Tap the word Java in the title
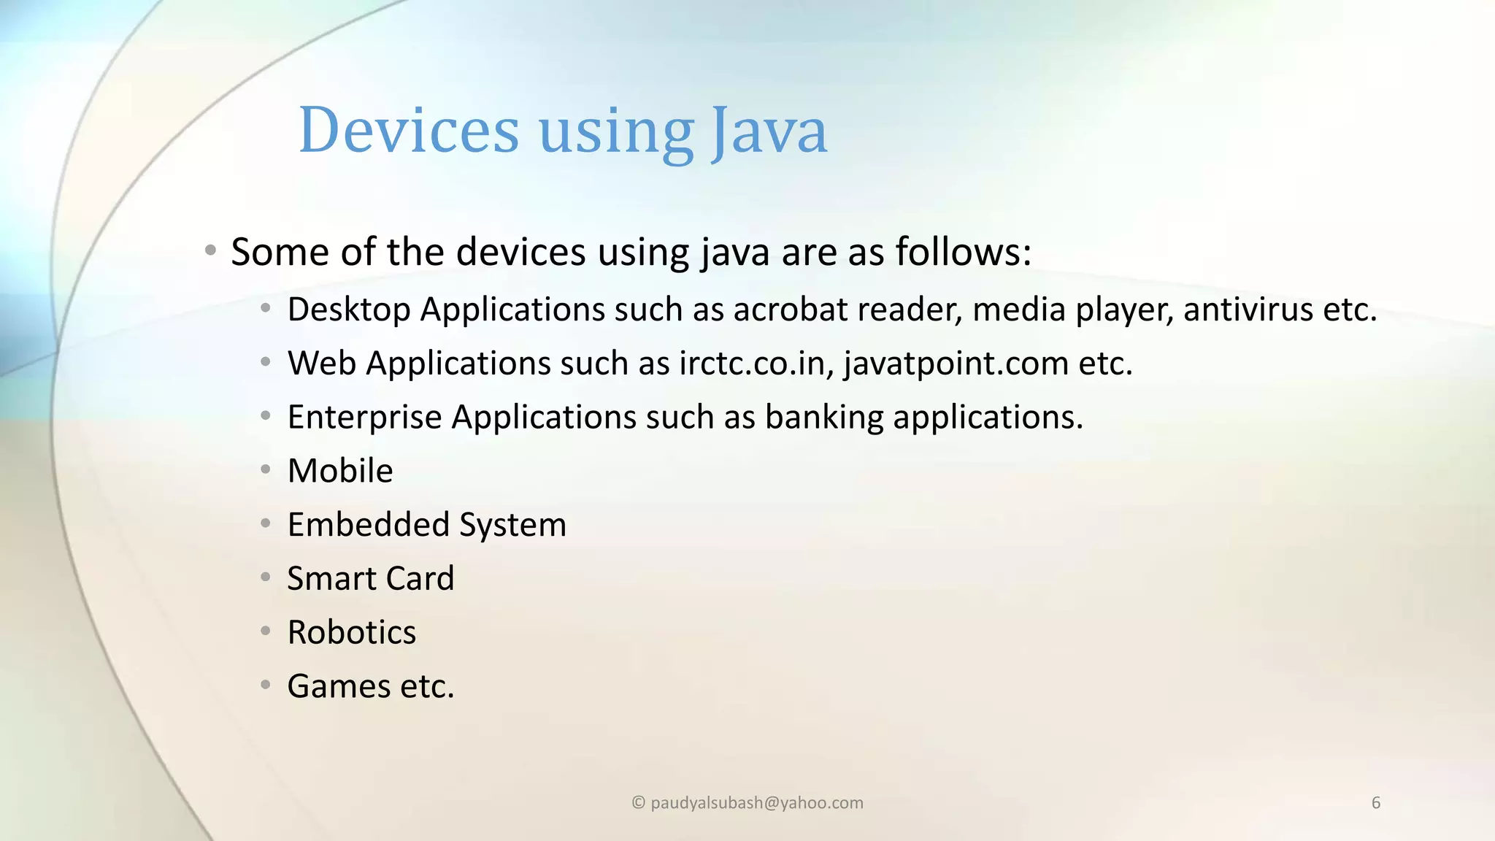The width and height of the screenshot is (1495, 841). coord(769,131)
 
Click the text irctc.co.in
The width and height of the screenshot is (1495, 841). coord(756,364)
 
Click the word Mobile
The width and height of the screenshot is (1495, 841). coord(340,471)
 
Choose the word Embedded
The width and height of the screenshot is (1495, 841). coord(368,525)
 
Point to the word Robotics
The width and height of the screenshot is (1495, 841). coord(351,632)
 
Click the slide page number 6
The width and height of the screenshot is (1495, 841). coord(1376,803)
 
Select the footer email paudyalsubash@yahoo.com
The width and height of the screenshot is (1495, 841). coord(756,803)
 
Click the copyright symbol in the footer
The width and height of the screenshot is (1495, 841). coord(638,803)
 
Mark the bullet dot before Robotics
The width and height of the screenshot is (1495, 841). coord(266,631)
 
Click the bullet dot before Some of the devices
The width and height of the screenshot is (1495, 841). coord(210,251)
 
